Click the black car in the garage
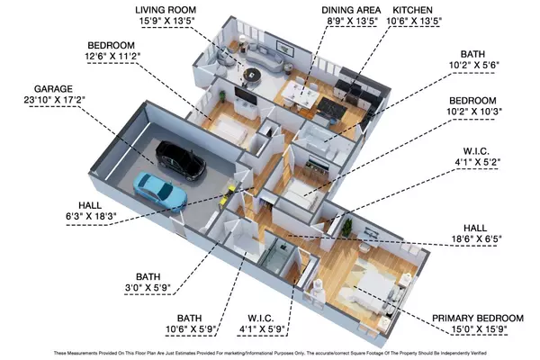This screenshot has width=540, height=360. [x=181, y=161]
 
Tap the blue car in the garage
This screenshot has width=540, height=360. [x=160, y=191]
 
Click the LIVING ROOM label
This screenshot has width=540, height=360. [x=166, y=10]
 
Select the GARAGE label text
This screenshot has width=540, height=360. [x=53, y=89]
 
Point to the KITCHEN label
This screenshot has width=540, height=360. [x=412, y=10]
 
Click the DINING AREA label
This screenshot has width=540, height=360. [x=351, y=10]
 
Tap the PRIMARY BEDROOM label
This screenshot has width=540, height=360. [x=478, y=318]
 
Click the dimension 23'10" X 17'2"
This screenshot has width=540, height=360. [x=54, y=100]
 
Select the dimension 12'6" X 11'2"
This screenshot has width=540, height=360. [x=112, y=56]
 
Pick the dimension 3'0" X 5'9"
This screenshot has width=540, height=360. [x=148, y=288]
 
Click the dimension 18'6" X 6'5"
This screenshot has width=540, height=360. [x=476, y=238]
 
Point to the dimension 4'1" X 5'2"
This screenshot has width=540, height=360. [x=477, y=162]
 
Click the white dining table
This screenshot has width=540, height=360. [x=299, y=94]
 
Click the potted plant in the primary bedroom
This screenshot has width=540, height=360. [x=346, y=228]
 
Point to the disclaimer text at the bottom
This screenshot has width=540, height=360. [x=270, y=353]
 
